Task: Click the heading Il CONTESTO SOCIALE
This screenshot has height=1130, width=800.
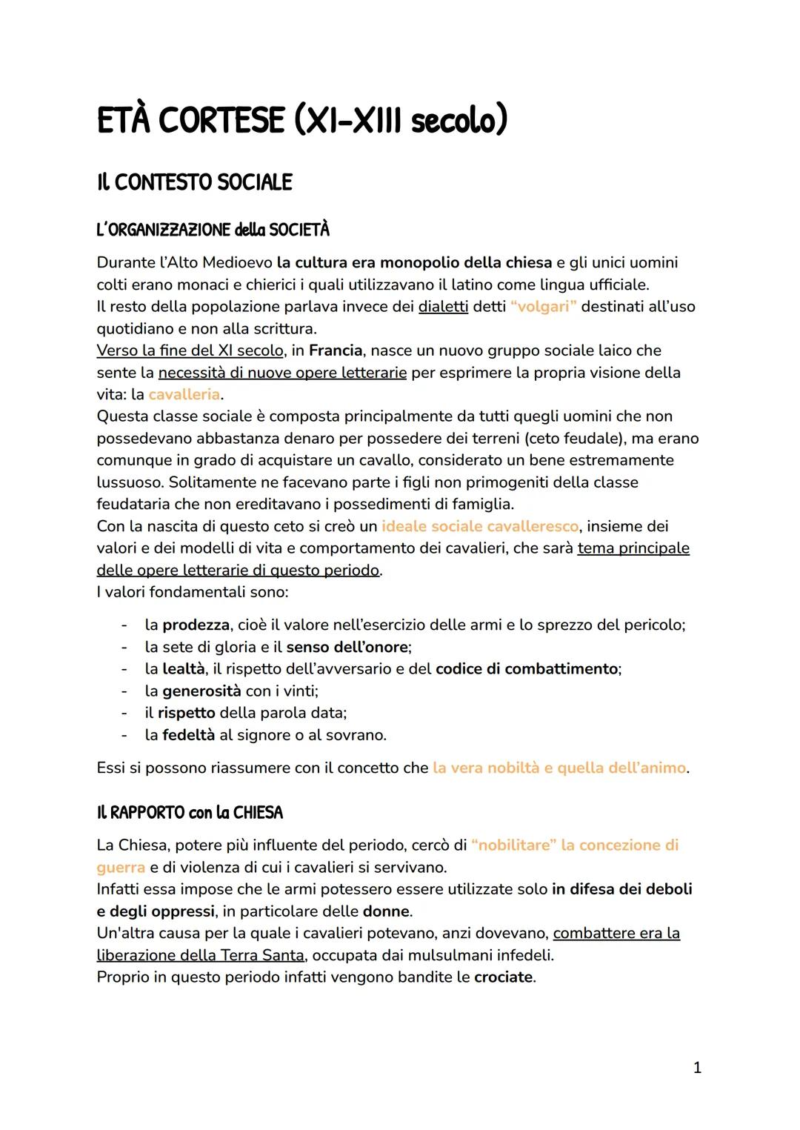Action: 194,182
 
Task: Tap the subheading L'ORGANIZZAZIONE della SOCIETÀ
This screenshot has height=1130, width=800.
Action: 213,230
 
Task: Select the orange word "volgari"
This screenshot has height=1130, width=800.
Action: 543,306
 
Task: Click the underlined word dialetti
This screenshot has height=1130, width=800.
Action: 443,306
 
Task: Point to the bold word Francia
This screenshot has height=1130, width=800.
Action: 336,350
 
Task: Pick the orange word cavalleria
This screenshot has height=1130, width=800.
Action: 184,394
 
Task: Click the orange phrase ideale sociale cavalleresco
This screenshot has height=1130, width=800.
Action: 479,526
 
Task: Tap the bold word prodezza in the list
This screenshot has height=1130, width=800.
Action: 195,625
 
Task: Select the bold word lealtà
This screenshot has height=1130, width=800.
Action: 183,669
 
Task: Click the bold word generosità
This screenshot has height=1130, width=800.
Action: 201,691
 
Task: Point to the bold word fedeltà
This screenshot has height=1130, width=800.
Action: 188,735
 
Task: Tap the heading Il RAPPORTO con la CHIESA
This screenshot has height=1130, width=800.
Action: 190,813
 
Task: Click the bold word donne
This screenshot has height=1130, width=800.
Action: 386,911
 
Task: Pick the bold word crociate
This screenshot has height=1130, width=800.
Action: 503,977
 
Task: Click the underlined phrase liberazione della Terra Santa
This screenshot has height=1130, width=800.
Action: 200,955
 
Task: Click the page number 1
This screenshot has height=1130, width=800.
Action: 696,1068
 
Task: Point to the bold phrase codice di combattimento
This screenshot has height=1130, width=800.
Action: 527,669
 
